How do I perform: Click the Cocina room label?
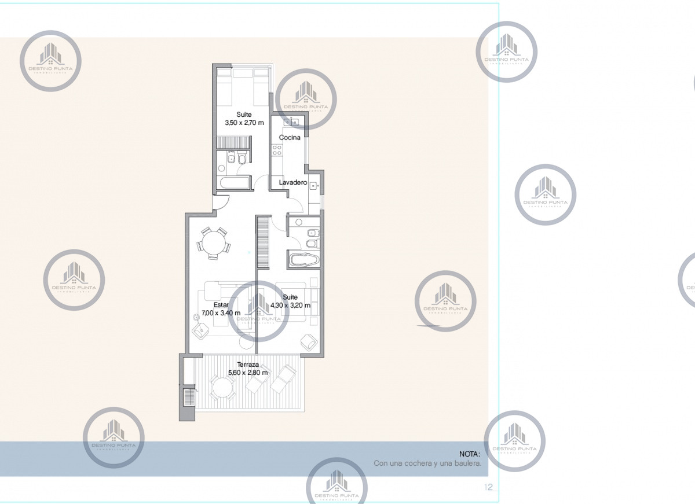[290, 138]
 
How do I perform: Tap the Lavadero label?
[292, 182]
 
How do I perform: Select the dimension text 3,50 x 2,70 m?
[244, 123]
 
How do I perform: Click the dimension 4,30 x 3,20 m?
[290, 306]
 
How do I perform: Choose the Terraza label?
[247, 365]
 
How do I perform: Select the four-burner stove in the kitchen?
[277, 151]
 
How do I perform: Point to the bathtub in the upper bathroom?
[235, 183]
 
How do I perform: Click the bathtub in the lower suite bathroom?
[304, 260]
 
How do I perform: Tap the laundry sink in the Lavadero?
[313, 186]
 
